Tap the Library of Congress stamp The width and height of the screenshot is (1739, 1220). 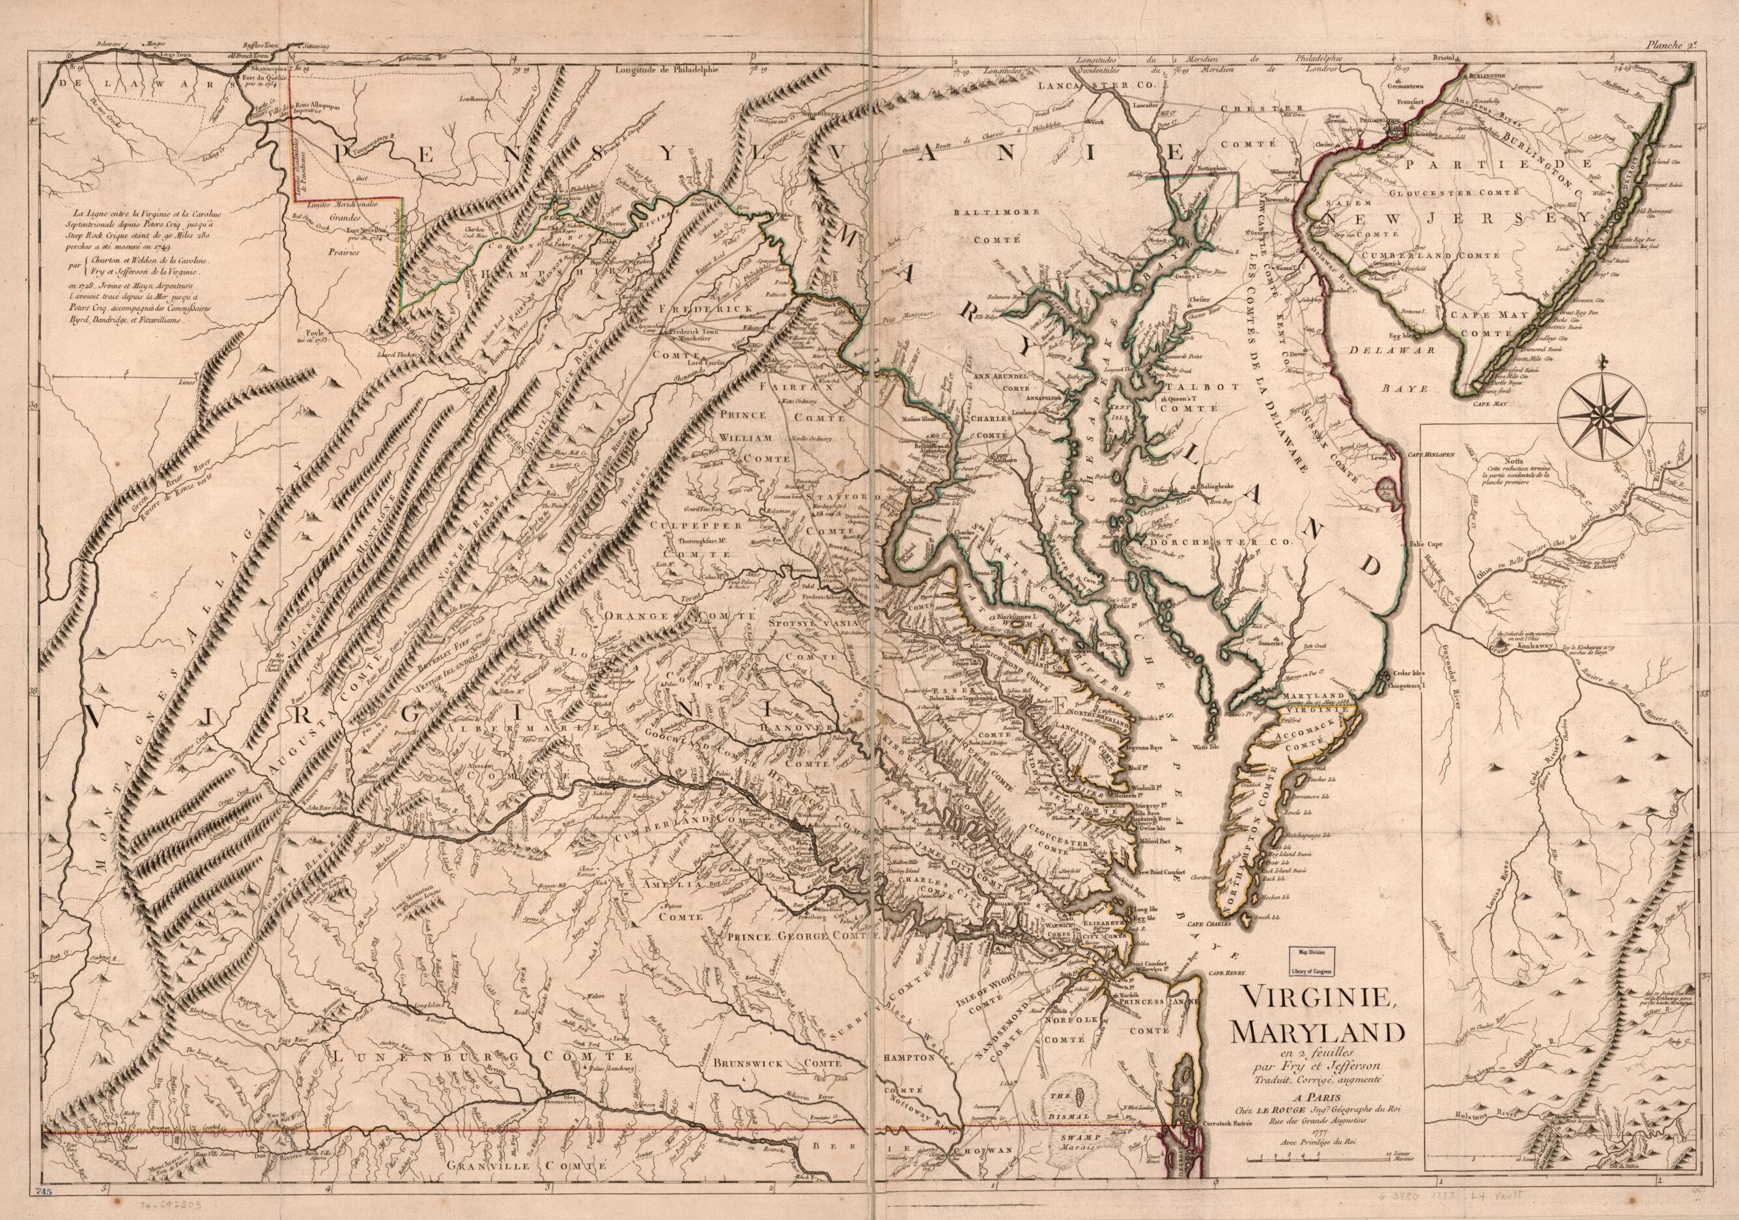[x=1308, y=962]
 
